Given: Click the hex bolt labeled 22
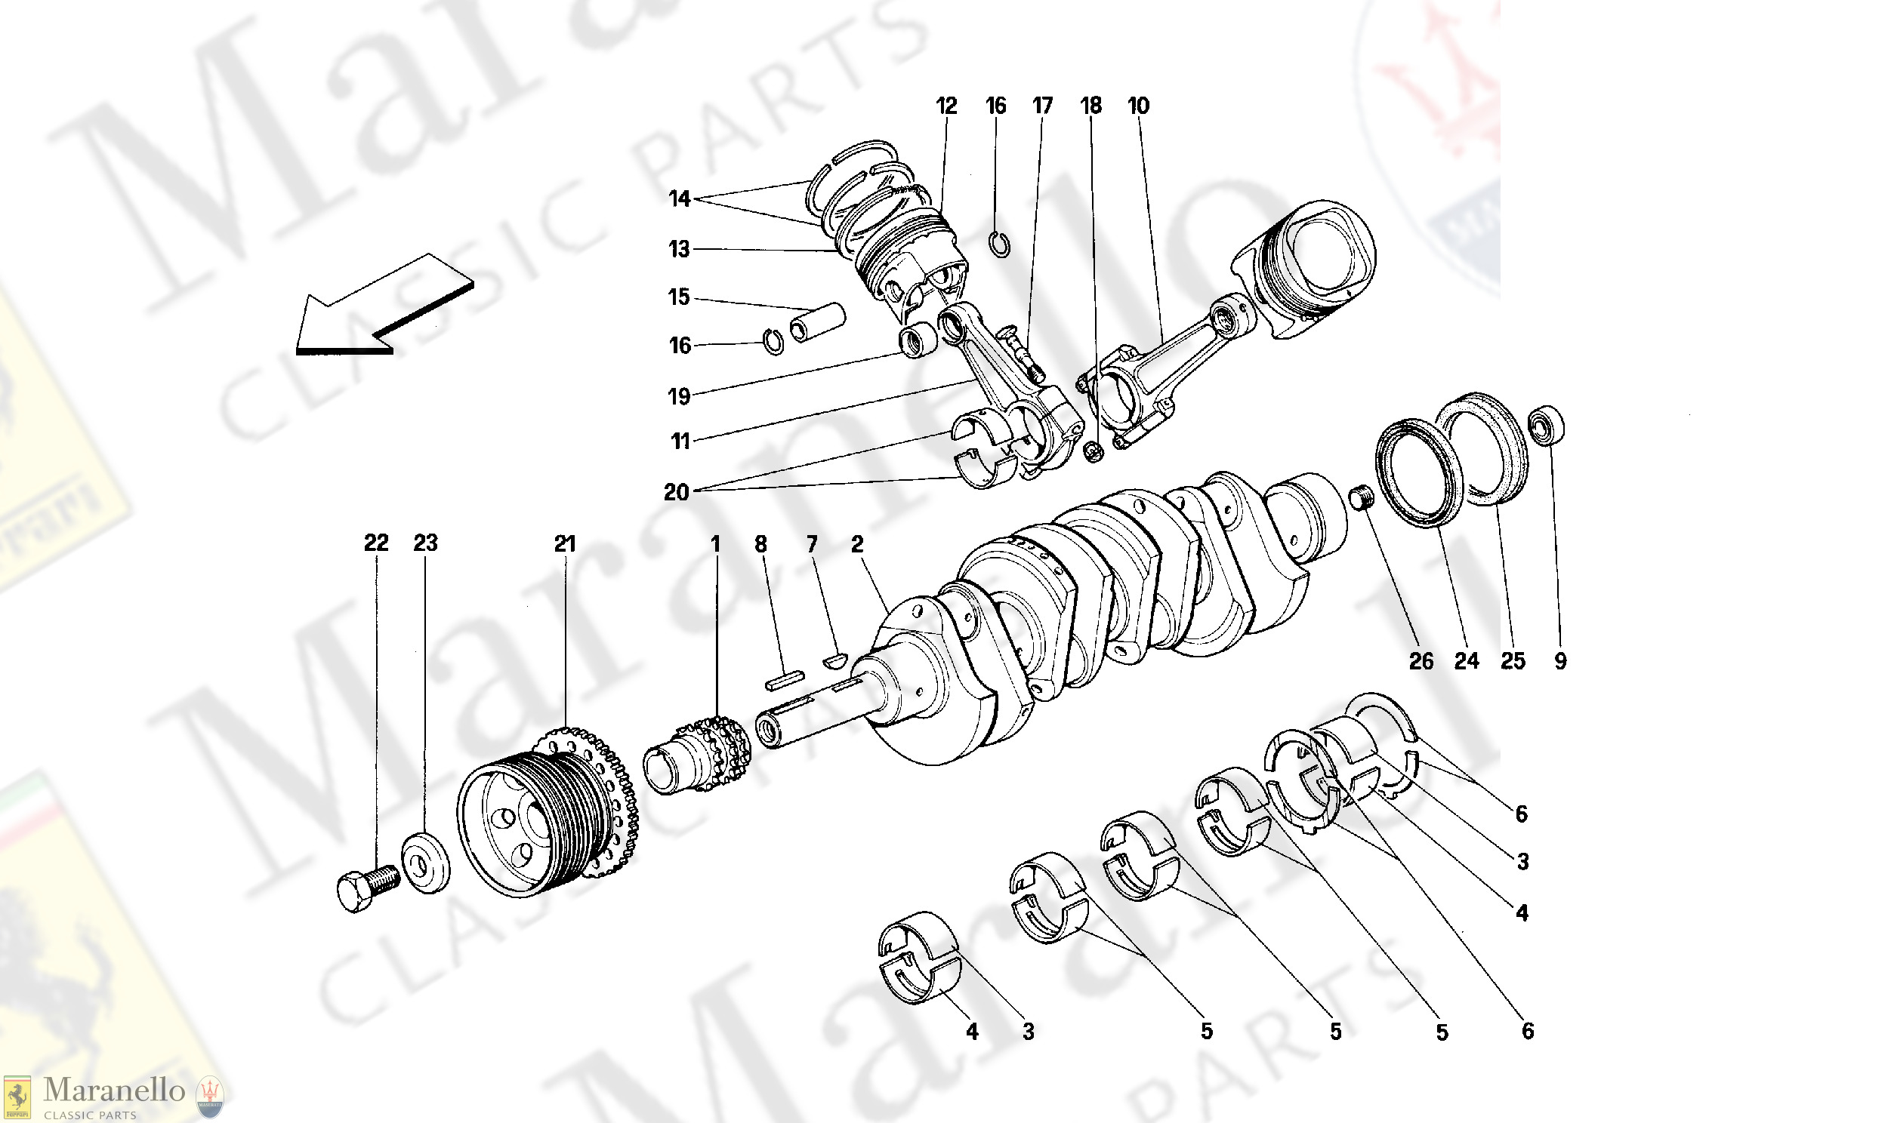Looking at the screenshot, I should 365,890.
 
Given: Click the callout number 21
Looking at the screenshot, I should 565,543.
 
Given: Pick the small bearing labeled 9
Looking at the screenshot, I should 1547,426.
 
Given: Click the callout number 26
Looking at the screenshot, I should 1421,661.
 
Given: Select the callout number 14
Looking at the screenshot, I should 679,199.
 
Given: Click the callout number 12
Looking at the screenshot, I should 946,106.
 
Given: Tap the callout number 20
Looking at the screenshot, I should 676,493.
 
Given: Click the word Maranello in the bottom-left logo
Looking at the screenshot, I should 113,1091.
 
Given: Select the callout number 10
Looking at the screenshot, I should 1138,106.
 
